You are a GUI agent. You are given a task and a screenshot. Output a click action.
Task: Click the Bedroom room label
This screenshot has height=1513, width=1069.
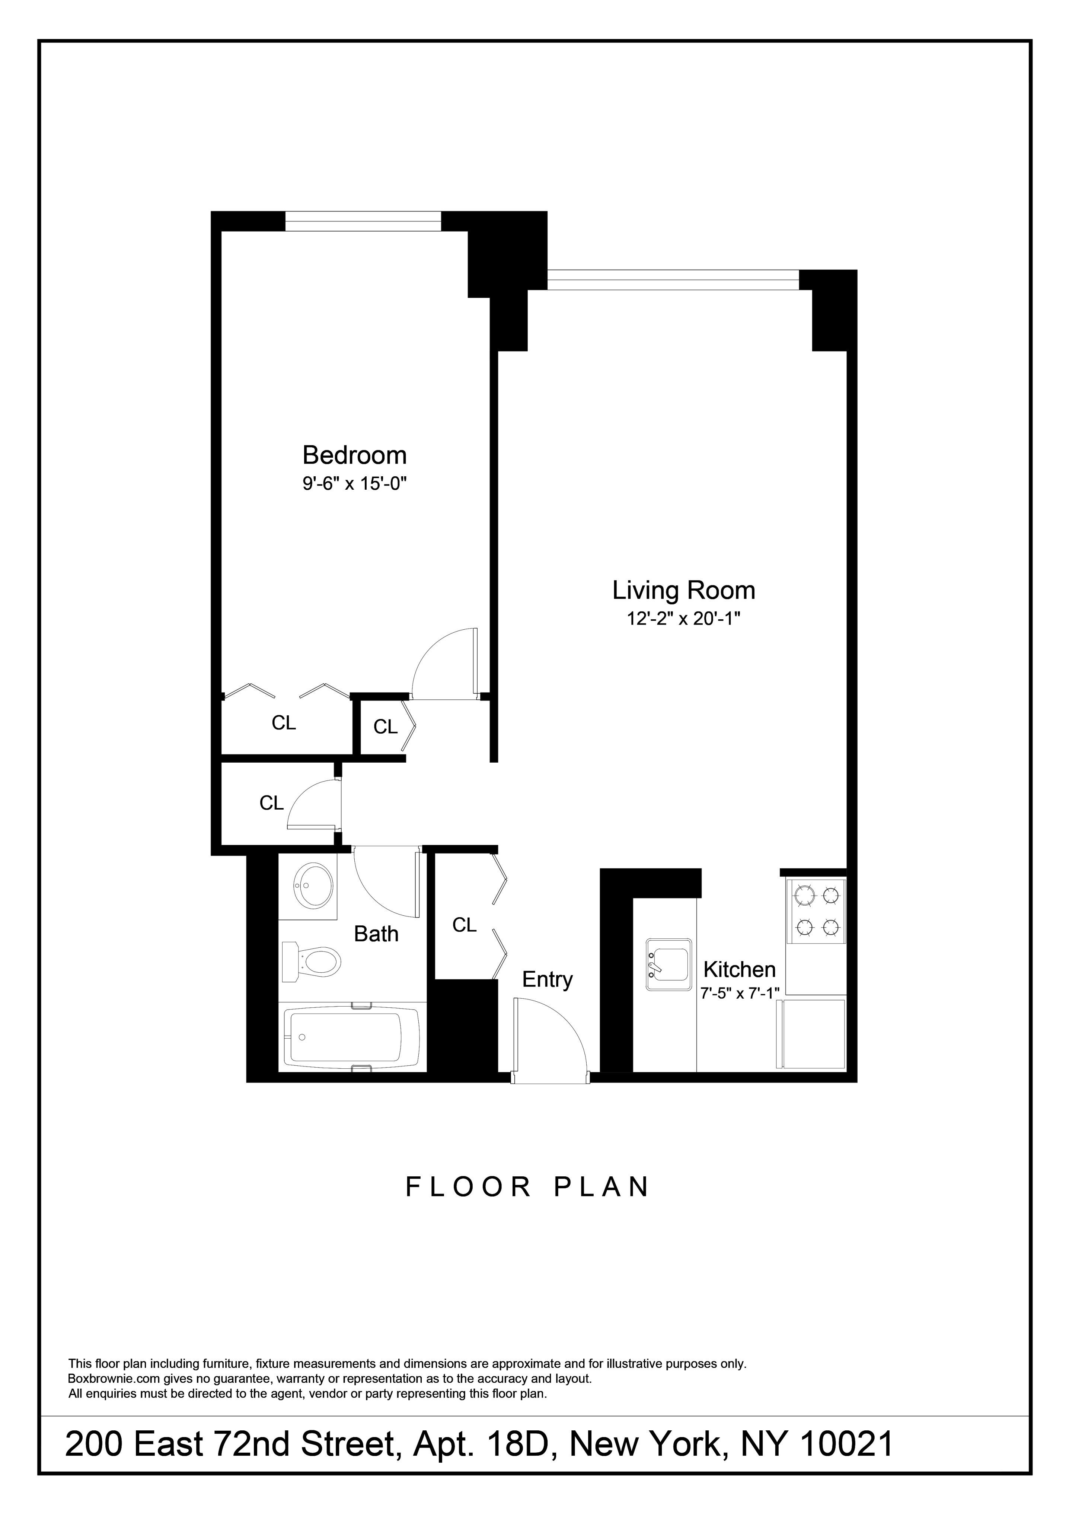pos(354,455)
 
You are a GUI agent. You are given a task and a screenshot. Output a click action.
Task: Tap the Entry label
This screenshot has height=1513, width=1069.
pos(548,980)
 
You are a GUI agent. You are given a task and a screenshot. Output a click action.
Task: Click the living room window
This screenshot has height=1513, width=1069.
pos(673,280)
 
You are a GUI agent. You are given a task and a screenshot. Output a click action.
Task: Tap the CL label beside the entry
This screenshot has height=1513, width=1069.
pos(465,926)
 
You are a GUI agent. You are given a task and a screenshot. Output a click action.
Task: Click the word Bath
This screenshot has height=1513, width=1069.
pos(376,934)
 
